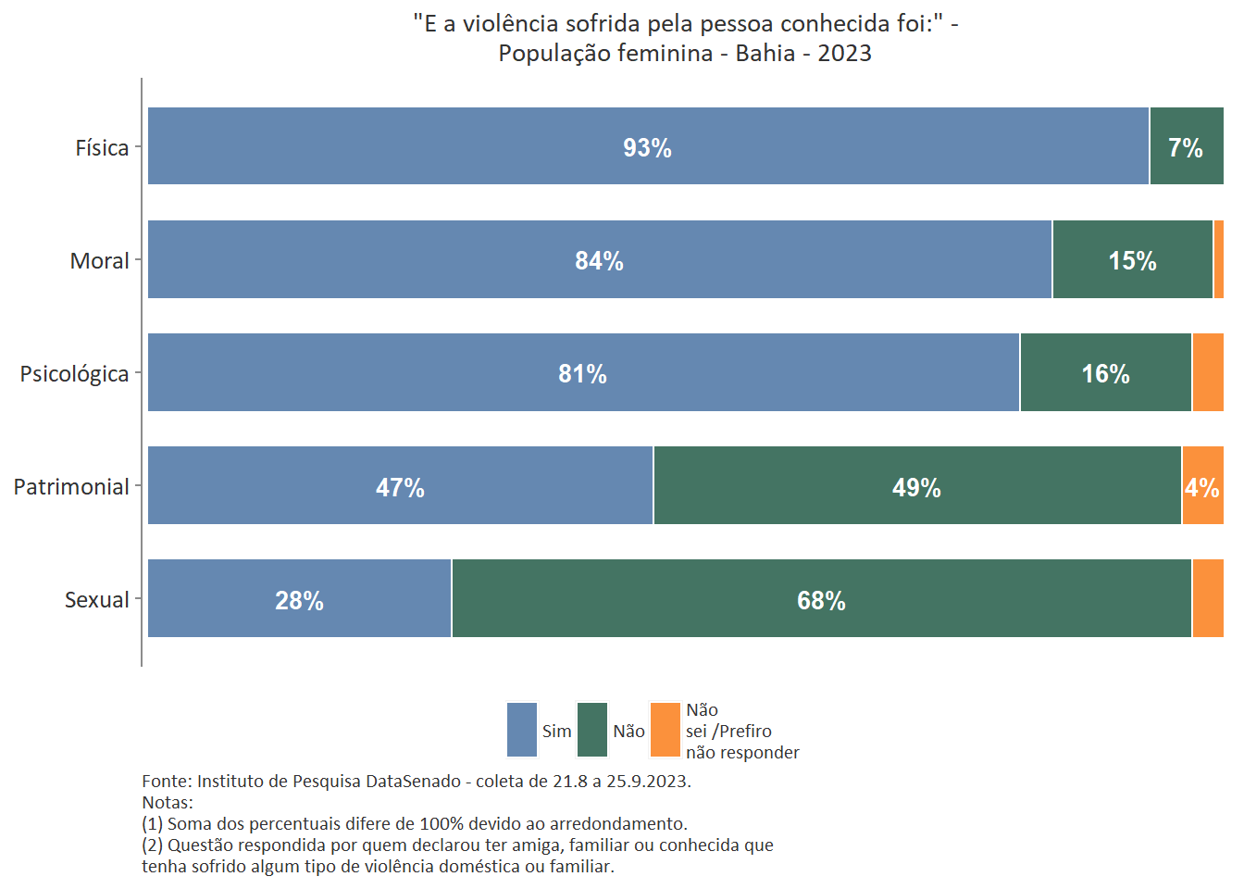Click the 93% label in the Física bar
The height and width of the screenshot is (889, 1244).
tap(647, 147)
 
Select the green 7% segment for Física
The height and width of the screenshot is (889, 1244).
tap(1186, 146)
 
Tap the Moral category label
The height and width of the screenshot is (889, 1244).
tap(99, 260)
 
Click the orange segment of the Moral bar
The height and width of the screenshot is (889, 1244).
tap(1218, 259)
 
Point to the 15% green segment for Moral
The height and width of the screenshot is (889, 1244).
tap(1132, 260)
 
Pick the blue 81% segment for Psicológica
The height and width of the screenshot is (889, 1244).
tap(583, 372)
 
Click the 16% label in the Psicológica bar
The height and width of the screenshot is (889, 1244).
tap(1105, 373)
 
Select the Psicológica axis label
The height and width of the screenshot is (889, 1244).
tap(74, 373)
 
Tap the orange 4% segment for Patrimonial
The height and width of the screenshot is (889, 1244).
tap(1202, 486)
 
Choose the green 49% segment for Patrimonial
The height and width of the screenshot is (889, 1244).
tap(916, 486)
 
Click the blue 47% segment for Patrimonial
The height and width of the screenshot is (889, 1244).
tap(400, 486)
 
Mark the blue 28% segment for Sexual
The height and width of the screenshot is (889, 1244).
tap(299, 599)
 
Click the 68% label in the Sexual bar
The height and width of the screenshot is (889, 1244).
tap(821, 600)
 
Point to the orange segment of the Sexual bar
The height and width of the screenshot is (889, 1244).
tap(1207, 599)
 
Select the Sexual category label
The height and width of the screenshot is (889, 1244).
tap(96, 599)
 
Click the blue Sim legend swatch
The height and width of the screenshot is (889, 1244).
tap(522, 730)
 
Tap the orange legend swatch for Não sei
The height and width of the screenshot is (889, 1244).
tap(666, 730)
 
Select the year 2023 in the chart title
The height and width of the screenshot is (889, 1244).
tap(844, 53)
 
